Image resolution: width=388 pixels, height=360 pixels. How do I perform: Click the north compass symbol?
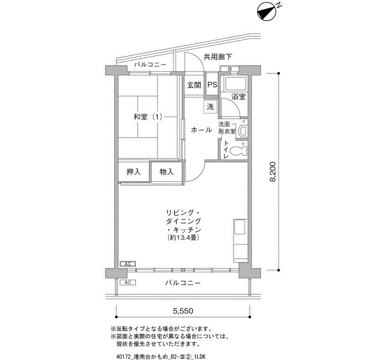pyautogui.click(x=267, y=12)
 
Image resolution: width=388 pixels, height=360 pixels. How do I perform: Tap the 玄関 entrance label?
pyautogui.click(x=194, y=85)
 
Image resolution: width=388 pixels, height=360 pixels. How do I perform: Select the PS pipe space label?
pyautogui.click(x=212, y=85)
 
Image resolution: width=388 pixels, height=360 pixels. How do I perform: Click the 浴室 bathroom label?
pyautogui.click(x=238, y=97)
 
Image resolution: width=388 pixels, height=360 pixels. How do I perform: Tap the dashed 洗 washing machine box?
pyautogui.click(x=210, y=107)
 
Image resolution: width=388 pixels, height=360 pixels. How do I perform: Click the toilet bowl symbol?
pyautogui.click(x=238, y=151)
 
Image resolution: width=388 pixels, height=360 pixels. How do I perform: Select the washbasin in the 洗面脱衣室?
pyautogui.click(x=243, y=132)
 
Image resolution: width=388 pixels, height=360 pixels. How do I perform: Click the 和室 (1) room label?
pyautogui.click(x=148, y=117)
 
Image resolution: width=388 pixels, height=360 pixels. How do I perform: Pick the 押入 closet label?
pyautogui.click(x=134, y=172)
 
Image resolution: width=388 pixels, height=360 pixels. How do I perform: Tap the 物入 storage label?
pyautogui.click(x=166, y=172)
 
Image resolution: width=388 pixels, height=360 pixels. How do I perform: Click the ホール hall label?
pyautogui.click(x=201, y=130)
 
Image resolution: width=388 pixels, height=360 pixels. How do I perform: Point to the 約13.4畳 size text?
pyautogui.click(x=183, y=238)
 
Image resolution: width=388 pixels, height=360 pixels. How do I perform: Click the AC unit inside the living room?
pyautogui.click(x=127, y=264)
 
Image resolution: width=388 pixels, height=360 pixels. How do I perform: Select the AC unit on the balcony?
pyautogui.click(x=127, y=282)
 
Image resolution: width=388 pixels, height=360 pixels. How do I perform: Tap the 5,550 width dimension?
pyautogui.click(x=183, y=311)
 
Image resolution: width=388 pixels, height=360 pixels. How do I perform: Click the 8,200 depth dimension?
pyautogui.click(x=273, y=172)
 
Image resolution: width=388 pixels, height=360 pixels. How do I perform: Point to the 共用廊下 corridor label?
pyautogui.click(x=218, y=57)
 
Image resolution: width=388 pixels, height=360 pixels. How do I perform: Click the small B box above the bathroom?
pyautogui.click(x=229, y=69)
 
